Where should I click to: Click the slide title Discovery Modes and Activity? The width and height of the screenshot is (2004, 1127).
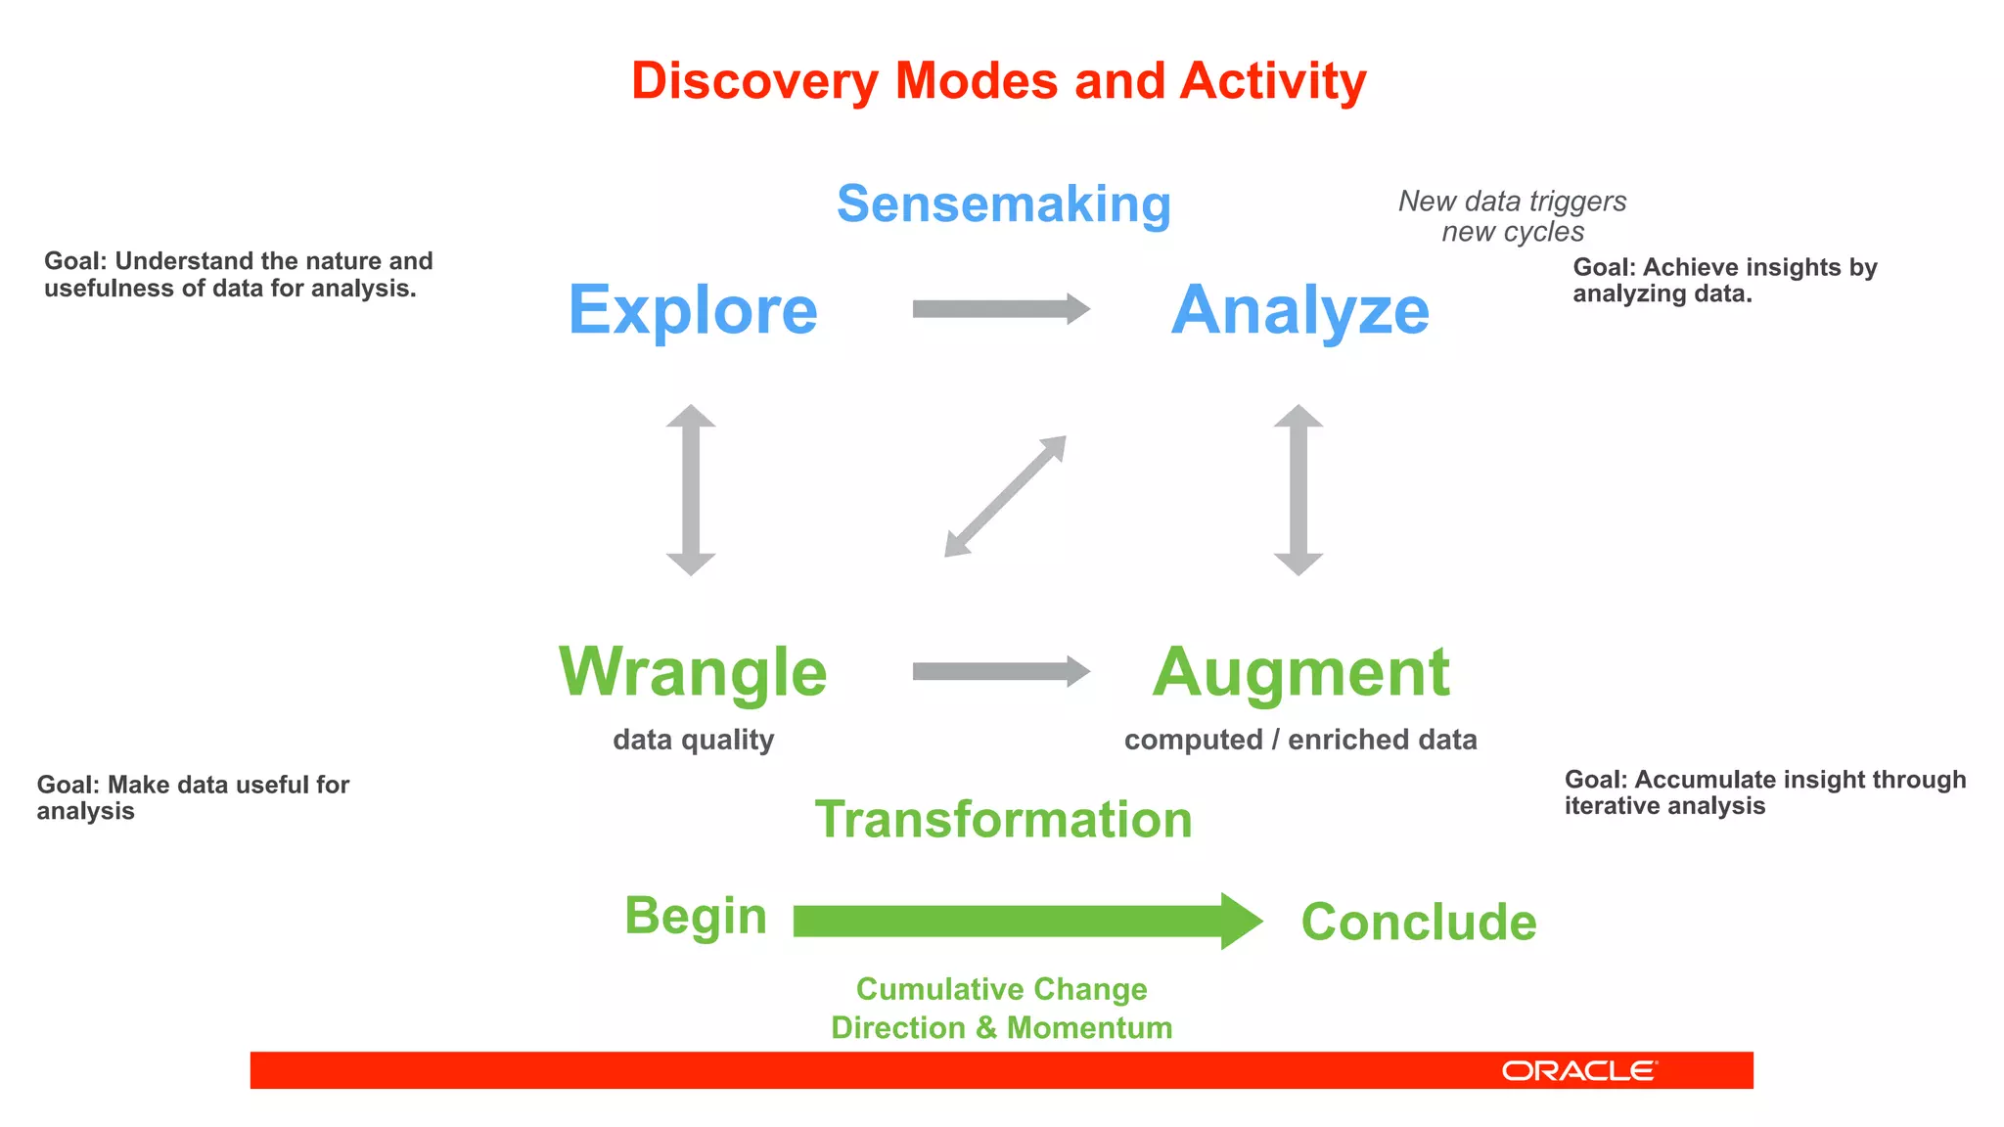point(998,80)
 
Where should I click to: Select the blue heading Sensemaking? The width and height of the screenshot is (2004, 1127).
point(1003,204)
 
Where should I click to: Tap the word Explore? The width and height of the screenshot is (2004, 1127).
point(693,310)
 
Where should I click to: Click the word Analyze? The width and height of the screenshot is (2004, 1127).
point(1299,310)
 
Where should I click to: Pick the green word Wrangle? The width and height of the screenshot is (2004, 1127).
point(693,672)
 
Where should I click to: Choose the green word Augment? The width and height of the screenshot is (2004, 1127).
point(1299,672)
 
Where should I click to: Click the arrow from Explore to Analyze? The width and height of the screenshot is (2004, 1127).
point(1000,309)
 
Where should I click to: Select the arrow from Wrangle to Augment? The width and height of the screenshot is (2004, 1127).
point(1000,671)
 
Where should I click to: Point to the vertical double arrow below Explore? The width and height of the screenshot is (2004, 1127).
point(691,489)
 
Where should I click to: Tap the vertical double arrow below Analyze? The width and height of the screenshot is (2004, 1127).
point(1298,489)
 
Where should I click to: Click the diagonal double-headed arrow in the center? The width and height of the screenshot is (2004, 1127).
point(1005,496)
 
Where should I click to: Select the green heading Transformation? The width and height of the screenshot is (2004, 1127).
point(1003,819)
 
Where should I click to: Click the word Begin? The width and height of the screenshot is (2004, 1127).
point(695,917)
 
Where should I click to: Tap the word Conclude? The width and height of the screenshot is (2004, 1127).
point(1418,922)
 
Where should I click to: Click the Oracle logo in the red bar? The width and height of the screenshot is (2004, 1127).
point(1578,1070)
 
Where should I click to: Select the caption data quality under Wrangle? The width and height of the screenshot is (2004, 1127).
point(693,740)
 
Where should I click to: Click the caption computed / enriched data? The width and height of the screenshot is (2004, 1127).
point(1299,740)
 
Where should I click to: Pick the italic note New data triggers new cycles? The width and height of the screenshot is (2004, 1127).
point(1512,216)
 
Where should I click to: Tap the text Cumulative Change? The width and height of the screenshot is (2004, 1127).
point(1001,989)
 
